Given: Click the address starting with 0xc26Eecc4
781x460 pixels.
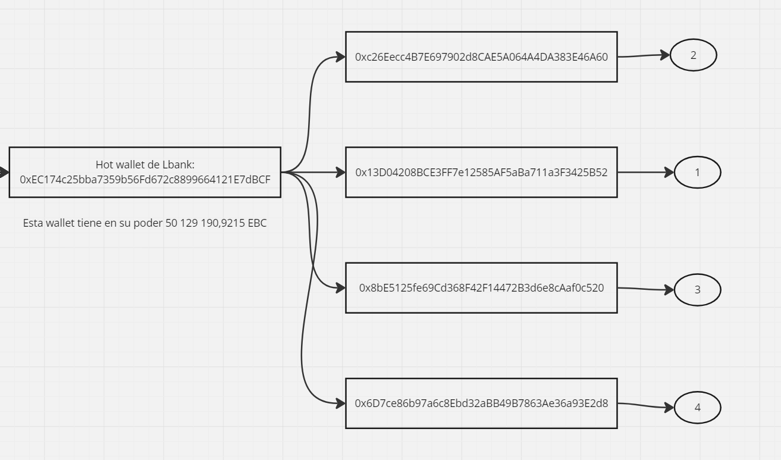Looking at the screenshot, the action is pyautogui.click(x=481, y=57).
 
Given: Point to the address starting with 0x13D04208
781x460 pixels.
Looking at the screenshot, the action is pyautogui.click(x=481, y=173).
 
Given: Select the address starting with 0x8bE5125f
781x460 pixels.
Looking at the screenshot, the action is pyautogui.click(x=481, y=287).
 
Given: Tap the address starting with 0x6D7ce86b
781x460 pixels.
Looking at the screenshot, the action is pyautogui.click(x=481, y=403).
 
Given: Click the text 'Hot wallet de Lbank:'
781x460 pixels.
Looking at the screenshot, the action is pyautogui.click(x=145, y=165).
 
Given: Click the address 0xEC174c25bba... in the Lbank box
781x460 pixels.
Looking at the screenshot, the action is pyautogui.click(x=145, y=180).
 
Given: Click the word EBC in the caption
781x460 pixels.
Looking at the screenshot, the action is pyautogui.click(x=257, y=223).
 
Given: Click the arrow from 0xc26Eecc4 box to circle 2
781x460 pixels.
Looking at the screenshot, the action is pyautogui.click(x=644, y=55).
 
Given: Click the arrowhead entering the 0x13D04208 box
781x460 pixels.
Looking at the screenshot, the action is pyautogui.click(x=340, y=173).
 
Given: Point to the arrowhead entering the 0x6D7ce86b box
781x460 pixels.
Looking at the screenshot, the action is pyautogui.click(x=340, y=403).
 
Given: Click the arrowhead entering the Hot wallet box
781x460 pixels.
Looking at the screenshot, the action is pyautogui.click(x=4, y=173).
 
